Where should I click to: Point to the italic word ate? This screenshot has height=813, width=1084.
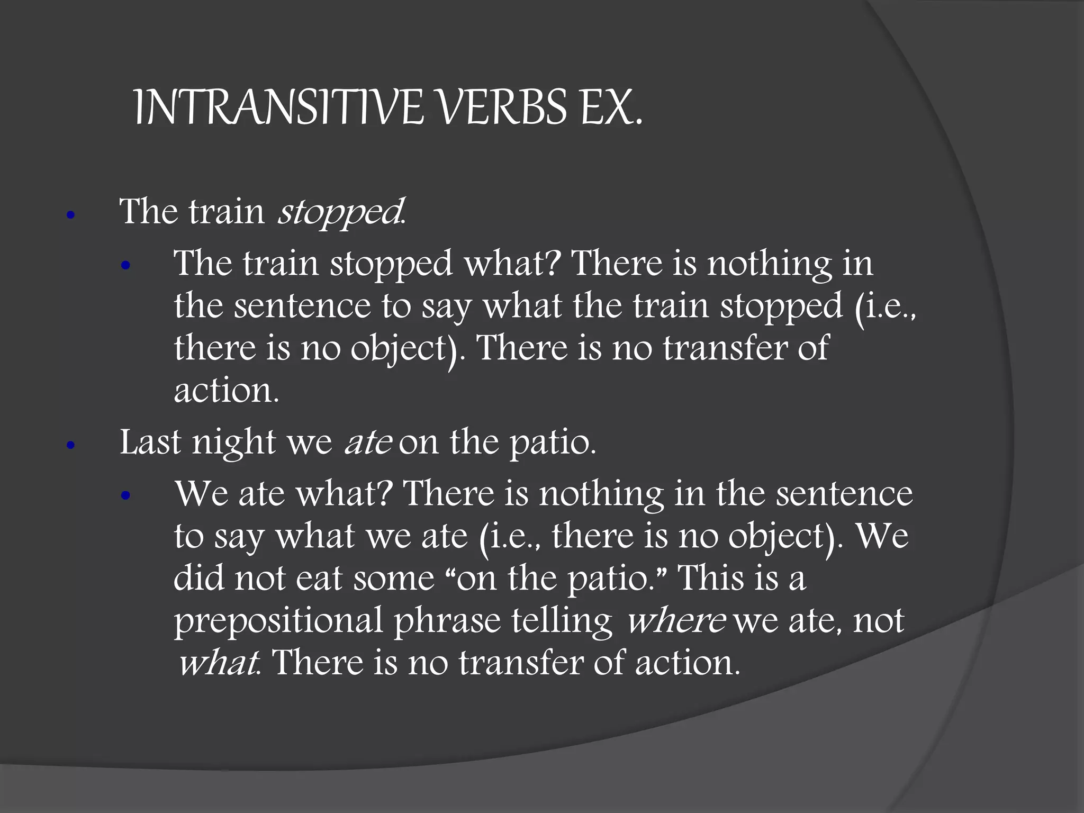pyautogui.click(x=368, y=443)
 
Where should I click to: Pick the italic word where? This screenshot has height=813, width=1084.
pyautogui.click(x=676, y=621)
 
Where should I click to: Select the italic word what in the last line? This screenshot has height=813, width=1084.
pyautogui.click(x=217, y=663)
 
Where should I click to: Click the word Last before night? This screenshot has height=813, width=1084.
pyautogui.click(x=150, y=442)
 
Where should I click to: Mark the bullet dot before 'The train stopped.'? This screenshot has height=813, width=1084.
pyautogui.click(x=70, y=215)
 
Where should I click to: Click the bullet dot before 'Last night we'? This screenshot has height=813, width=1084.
pyautogui.click(x=70, y=446)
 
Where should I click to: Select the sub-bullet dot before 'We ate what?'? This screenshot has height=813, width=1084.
pyautogui.click(x=125, y=496)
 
